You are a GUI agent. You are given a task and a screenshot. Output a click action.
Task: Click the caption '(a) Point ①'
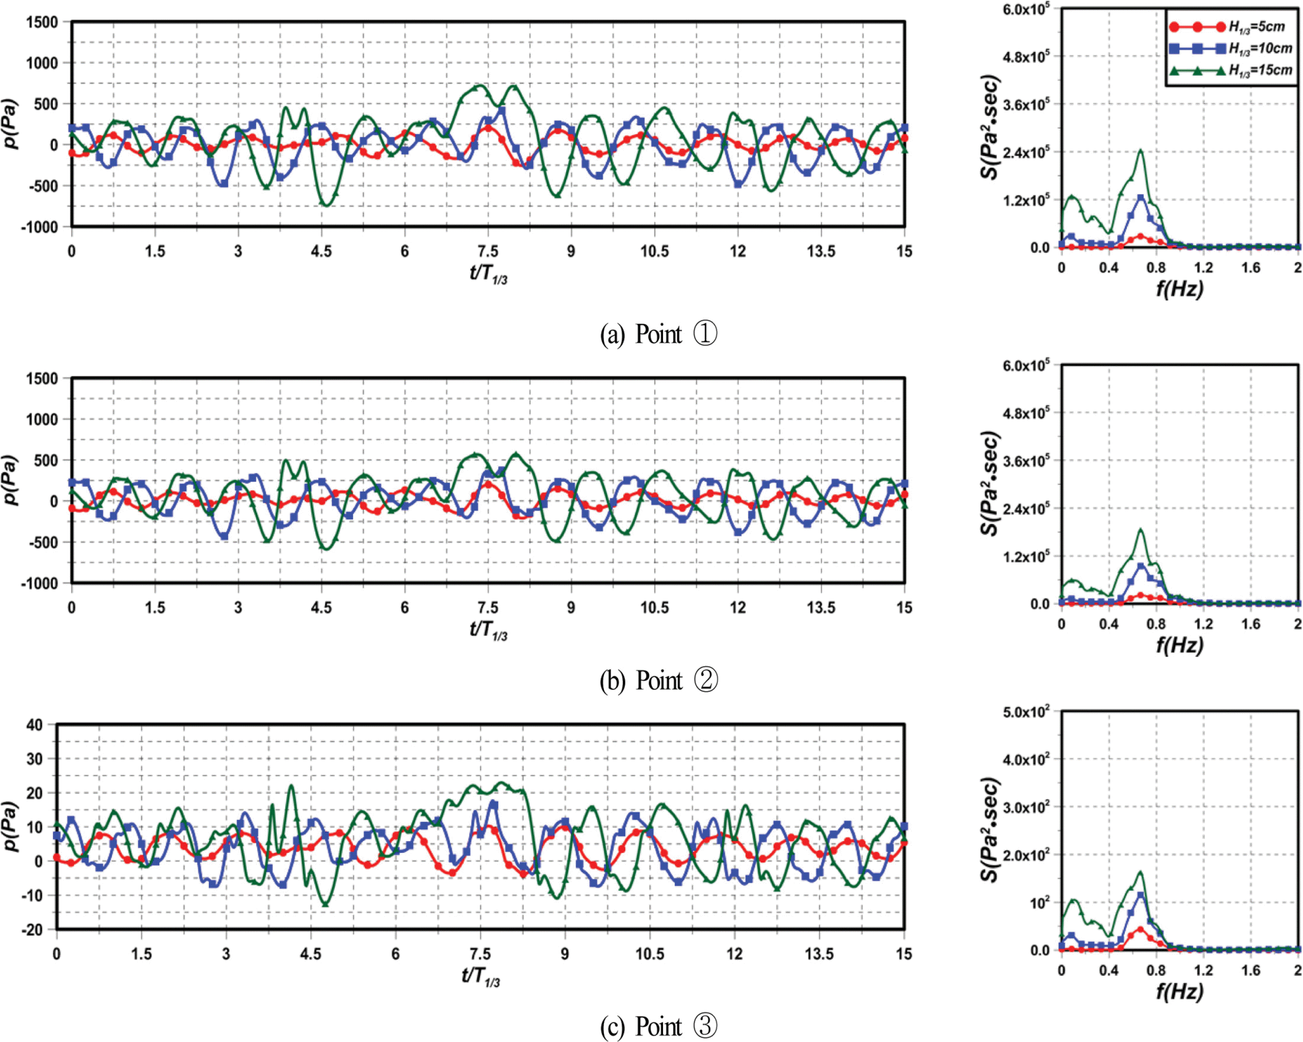(658, 334)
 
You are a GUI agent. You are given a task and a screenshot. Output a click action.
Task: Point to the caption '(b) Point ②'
(658, 680)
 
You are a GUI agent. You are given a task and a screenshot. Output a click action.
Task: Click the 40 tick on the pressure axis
(35, 725)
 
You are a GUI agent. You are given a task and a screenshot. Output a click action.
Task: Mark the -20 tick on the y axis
(33, 930)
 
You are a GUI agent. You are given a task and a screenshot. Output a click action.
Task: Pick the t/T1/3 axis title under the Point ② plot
(488, 630)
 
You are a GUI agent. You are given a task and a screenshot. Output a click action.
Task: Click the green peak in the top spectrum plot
(1141, 150)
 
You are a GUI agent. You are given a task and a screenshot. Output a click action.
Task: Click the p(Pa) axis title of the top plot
(10, 124)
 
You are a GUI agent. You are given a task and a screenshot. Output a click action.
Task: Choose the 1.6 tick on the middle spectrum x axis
(1251, 624)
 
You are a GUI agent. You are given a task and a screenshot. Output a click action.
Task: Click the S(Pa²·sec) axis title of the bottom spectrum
(989, 829)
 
